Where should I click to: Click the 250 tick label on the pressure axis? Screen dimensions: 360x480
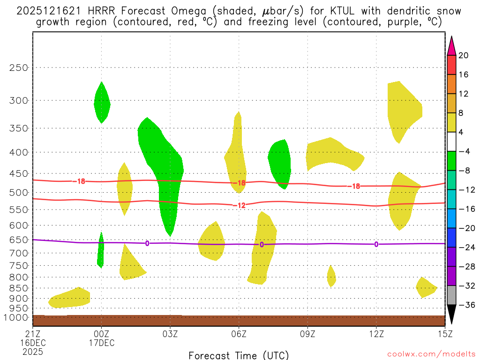tap(19, 67)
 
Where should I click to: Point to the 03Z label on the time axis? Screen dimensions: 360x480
tap(170, 334)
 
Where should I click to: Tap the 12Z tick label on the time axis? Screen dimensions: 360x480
tap(376, 334)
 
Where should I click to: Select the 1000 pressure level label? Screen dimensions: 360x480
tap(17, 317)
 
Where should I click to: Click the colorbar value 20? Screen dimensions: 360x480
tap(464, 55)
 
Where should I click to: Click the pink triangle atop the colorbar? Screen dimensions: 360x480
tap(452, 45)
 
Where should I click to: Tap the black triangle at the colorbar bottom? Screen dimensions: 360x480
tap(452, 315)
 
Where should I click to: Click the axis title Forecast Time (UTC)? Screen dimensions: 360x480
tap(239, 355)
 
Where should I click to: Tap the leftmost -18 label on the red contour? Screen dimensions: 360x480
tap(79, 181)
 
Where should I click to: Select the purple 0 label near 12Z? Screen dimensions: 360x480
tap(376, 244)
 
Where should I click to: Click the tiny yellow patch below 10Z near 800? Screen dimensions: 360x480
tap(331, 276)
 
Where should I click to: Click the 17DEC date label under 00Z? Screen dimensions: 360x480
tap(102, 343)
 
